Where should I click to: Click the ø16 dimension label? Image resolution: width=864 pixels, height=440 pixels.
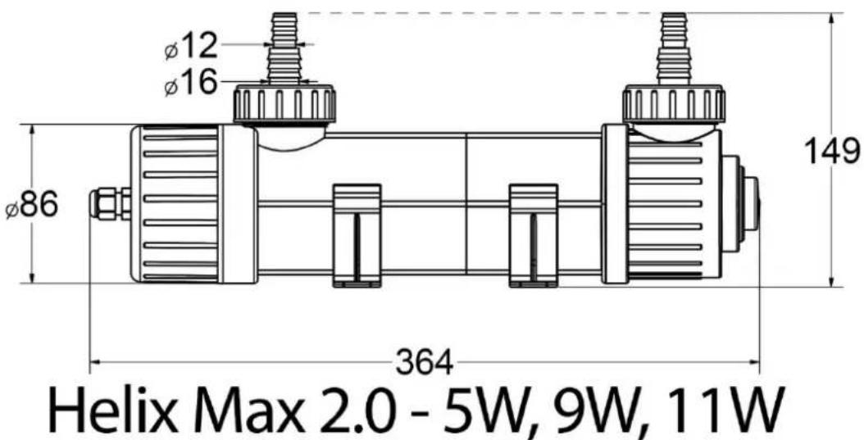[191, 83]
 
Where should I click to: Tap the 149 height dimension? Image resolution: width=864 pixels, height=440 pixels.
[832, 151]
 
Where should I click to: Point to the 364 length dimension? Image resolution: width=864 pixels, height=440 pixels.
[425, 363]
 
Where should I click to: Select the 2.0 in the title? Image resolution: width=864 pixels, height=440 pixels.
[359, 412]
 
